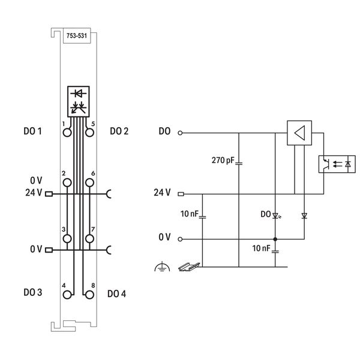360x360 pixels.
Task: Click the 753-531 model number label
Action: click(77, 36)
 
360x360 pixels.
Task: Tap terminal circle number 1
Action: click(67, 133)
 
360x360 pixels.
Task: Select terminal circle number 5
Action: click(89, 133)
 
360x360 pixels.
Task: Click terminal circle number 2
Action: click(67, 183)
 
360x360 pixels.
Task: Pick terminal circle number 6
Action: click(89, 183)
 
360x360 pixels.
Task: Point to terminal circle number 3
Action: click(67, 239)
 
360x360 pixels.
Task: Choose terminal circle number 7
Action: click(89, 239)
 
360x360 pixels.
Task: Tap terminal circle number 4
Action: click(67, 295)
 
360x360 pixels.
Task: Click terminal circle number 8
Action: click(89, 295)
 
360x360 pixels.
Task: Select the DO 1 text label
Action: click(32, 131)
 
